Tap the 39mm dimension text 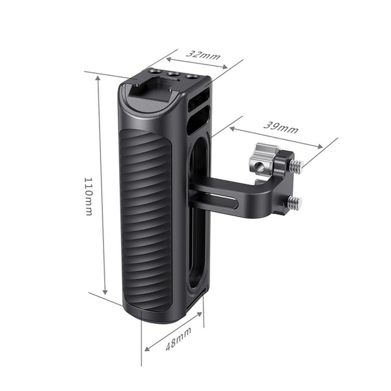click(x=281, y=128)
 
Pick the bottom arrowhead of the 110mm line click(x=105, y=292)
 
